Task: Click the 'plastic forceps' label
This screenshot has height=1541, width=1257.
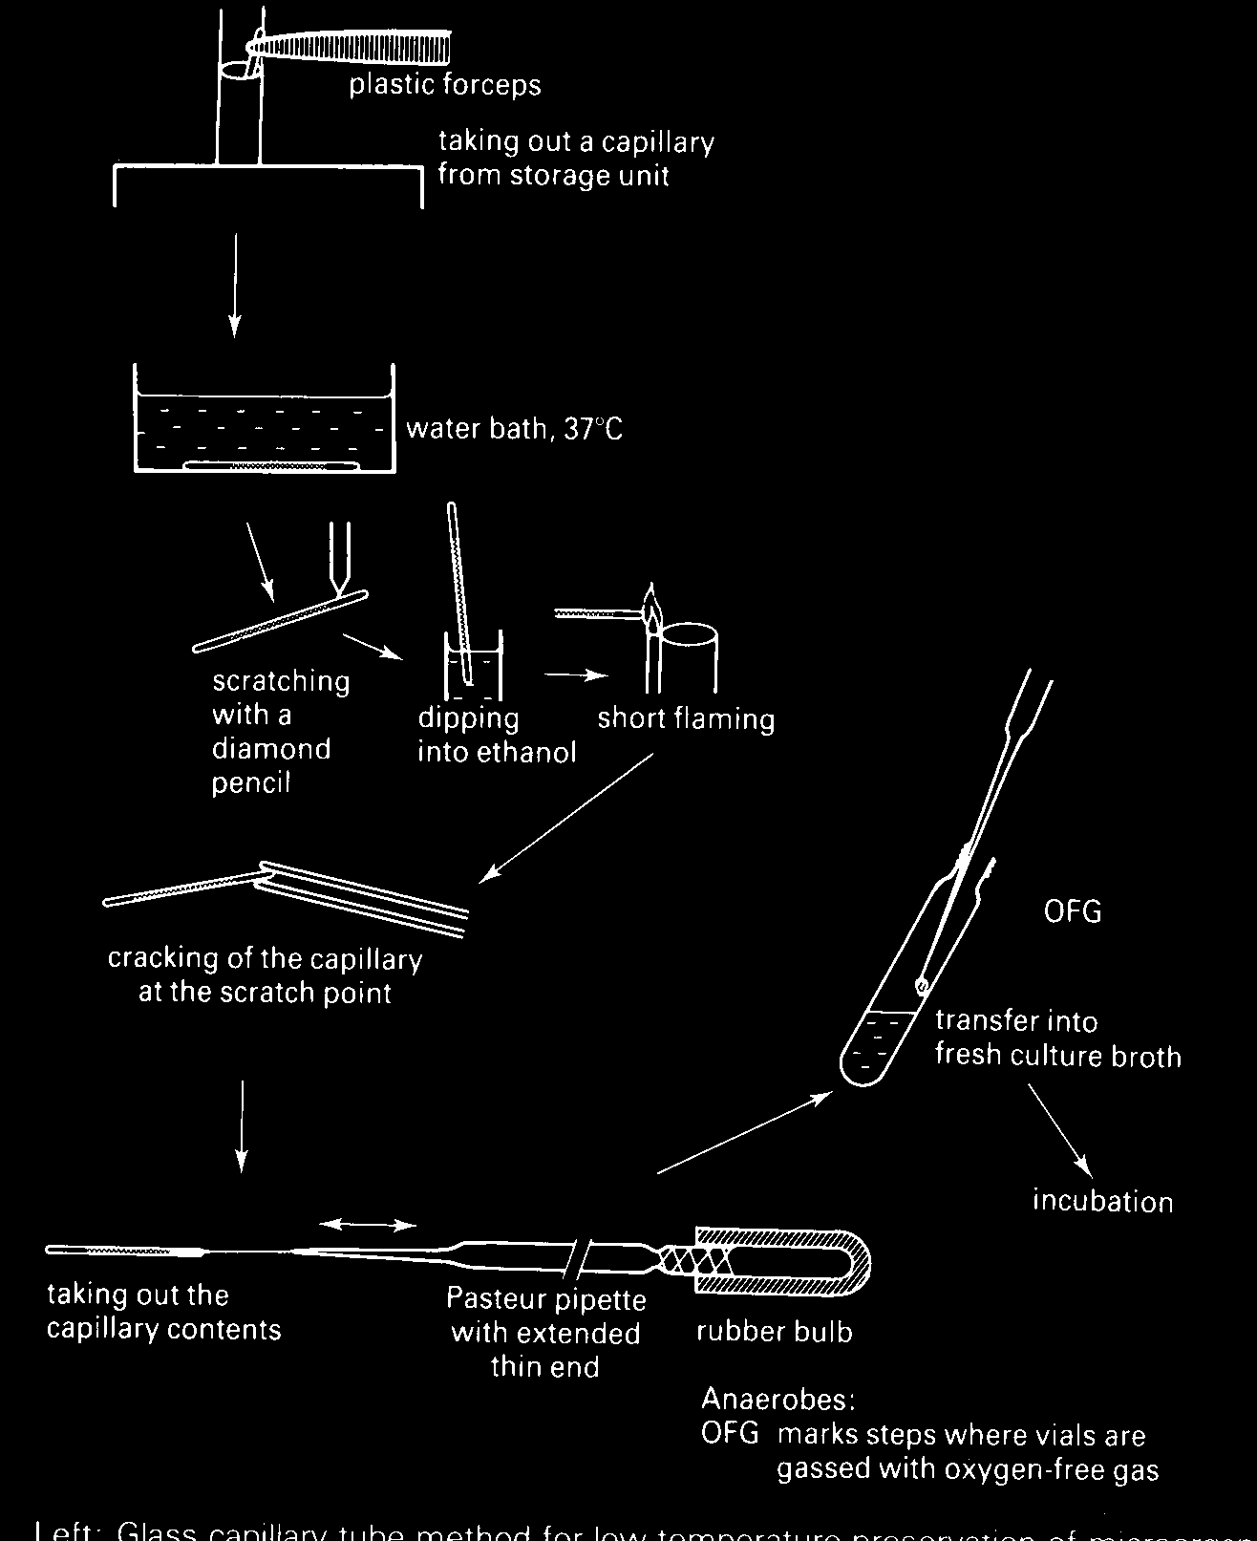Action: click(444, 85)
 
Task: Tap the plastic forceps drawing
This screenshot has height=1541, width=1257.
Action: click(363, 44)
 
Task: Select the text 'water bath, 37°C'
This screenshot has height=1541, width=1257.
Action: click(514, 428)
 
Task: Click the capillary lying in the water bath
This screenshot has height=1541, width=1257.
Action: click(271, 465)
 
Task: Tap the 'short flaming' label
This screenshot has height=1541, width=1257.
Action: click(686, 718)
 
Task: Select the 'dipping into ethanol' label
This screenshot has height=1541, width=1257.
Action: click(496, 736)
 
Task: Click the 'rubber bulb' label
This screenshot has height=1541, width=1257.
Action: click(774, 1332)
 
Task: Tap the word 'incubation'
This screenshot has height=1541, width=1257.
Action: click(1102, 1201)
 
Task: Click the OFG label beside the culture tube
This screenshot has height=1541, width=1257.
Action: click(1072, 911)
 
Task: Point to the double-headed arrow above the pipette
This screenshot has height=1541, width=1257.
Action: click(368, 1224)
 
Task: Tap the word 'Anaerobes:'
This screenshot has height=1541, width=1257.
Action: click(778, 1400)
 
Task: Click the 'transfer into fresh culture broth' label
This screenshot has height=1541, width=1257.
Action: click(1056, 1038)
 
